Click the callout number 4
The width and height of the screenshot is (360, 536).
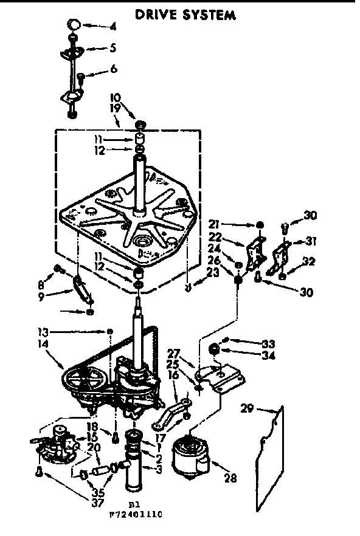[112, 27]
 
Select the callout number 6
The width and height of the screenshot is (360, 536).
[113, 69]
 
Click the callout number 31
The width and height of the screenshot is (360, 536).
[312, 241]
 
